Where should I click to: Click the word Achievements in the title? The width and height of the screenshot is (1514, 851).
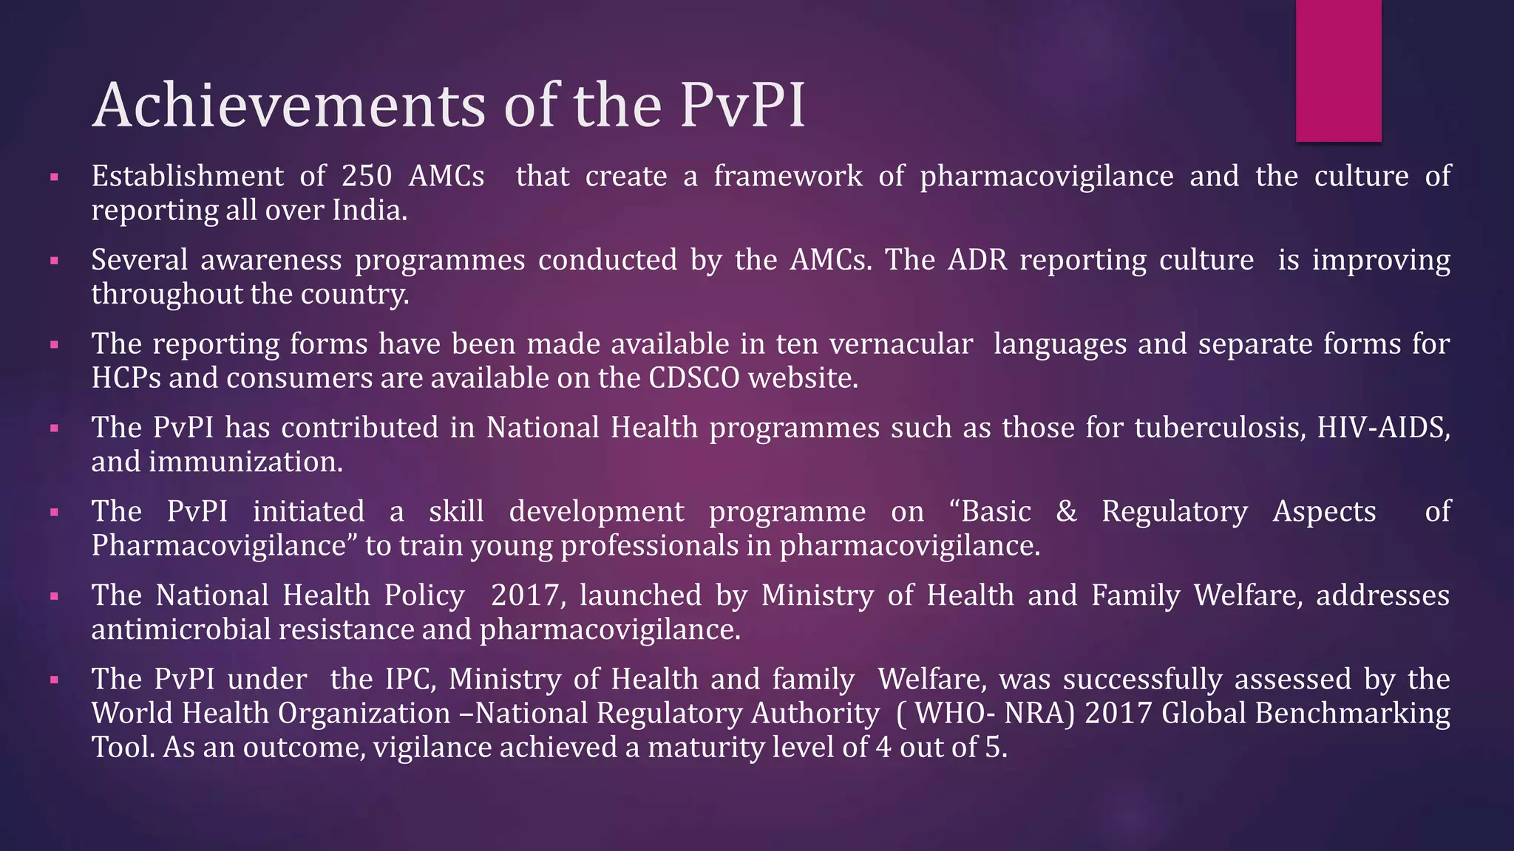point(288,106)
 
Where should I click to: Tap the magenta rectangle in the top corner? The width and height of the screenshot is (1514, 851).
point(1338,70)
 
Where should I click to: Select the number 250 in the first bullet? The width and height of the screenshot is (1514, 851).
point(366,177)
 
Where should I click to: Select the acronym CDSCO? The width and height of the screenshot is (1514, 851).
point(693,378)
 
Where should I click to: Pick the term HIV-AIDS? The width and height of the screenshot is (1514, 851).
point(1382,428)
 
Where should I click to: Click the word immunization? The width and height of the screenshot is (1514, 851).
point(245,462)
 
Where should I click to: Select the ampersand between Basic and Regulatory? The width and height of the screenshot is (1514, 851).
point(1066,511)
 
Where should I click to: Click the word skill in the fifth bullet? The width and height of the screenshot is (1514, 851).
point(456,511)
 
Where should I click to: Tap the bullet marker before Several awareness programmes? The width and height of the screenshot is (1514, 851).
point(54,261)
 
